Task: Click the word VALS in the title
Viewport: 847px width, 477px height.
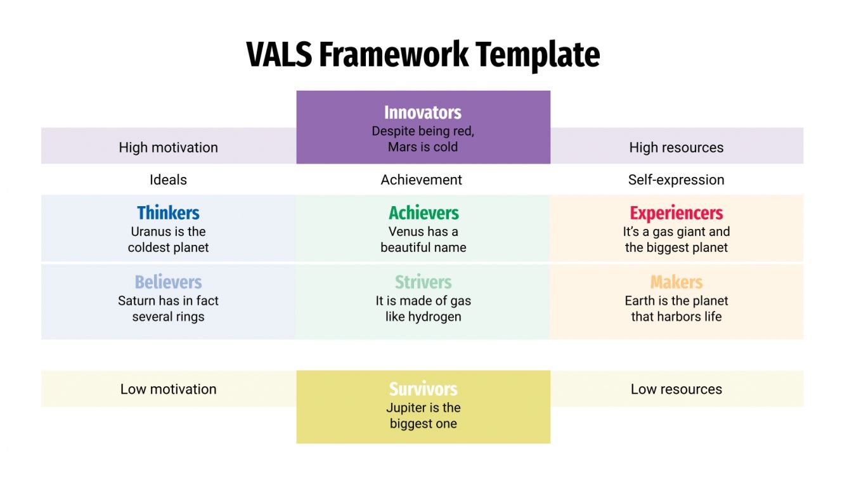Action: pos(279,55)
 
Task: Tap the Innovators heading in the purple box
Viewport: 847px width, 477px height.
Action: pos(423,113)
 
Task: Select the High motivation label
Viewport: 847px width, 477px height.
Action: pos(168,147)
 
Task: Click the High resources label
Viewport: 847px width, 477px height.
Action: pos(676,147)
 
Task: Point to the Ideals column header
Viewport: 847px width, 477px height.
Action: pos(168,180)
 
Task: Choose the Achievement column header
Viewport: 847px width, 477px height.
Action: pos(422,180)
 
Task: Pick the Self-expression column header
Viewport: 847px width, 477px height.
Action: pos(676,180)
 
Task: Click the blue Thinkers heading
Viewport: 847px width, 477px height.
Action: pos(168,213)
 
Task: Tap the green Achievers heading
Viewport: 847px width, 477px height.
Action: pos(423,213)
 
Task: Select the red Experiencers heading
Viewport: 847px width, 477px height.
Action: pos(676,213)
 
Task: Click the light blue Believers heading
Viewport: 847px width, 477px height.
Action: pos(168,282)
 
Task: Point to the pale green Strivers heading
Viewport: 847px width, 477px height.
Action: pos(423,282)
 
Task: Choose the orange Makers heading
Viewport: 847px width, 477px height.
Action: pos(676,282)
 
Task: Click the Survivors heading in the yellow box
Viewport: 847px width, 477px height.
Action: pos(423,389)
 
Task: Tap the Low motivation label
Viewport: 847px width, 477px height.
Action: pos(168,389)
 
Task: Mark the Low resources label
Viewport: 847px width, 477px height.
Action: pos(676,389)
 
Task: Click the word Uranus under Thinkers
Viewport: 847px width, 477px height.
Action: pos(151,232)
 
